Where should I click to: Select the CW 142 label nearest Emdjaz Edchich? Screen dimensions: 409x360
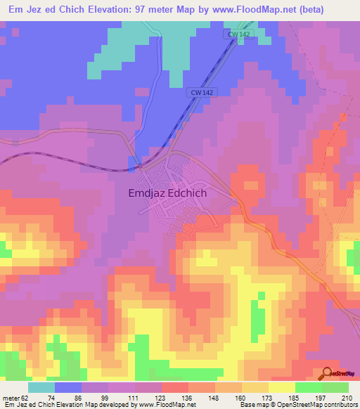tap(201, 92)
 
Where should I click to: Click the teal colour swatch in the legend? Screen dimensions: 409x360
tap(41, 387)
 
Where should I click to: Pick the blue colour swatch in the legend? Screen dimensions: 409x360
tap(68, 387)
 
